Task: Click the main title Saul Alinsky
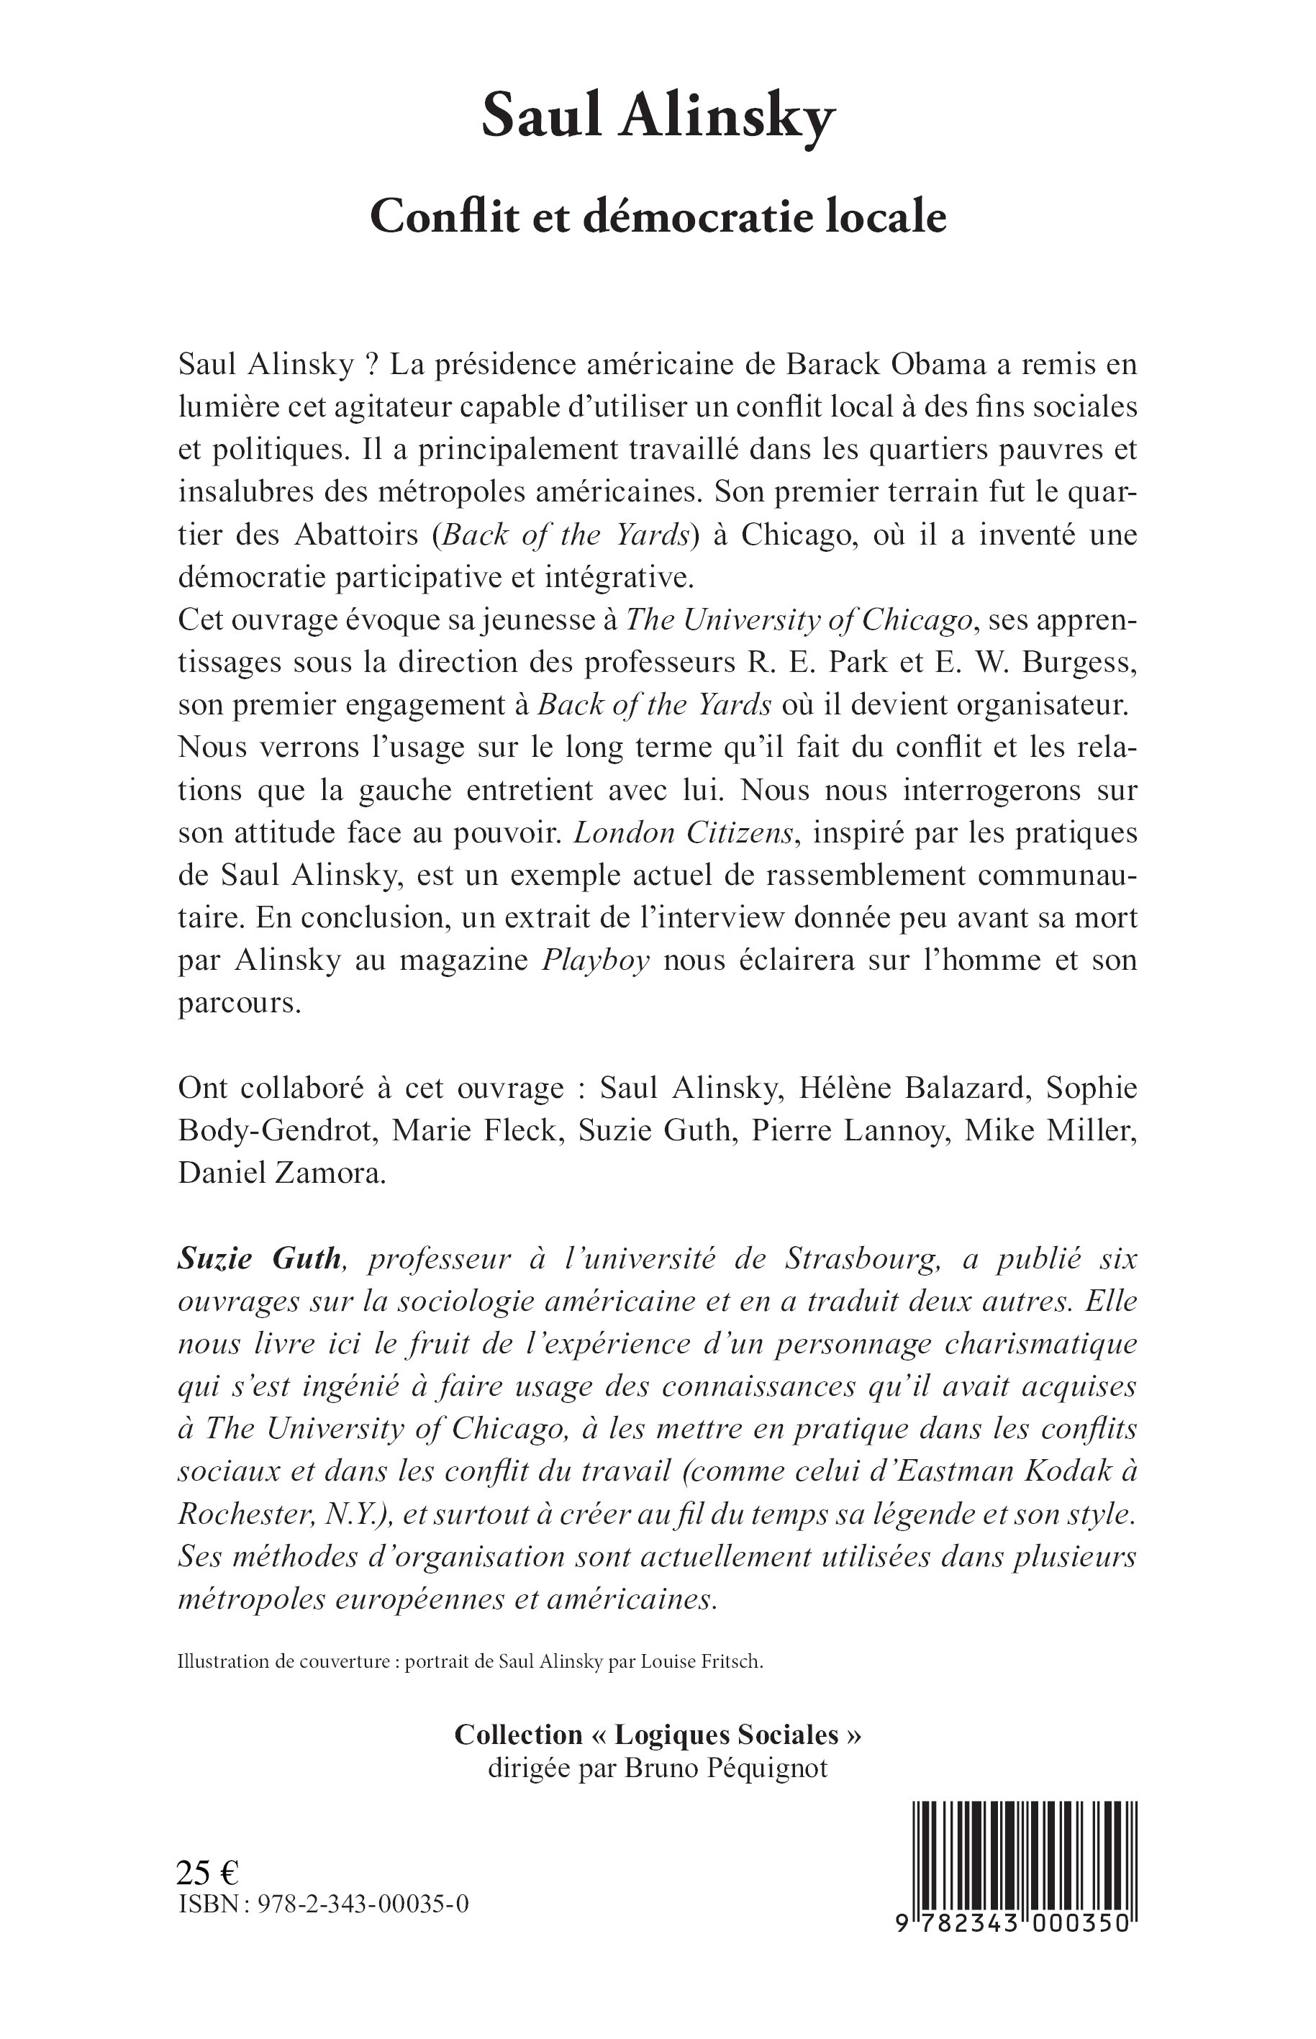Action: point(657,117)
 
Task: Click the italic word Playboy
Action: point(596,960)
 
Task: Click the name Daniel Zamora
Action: point(282,1173)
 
